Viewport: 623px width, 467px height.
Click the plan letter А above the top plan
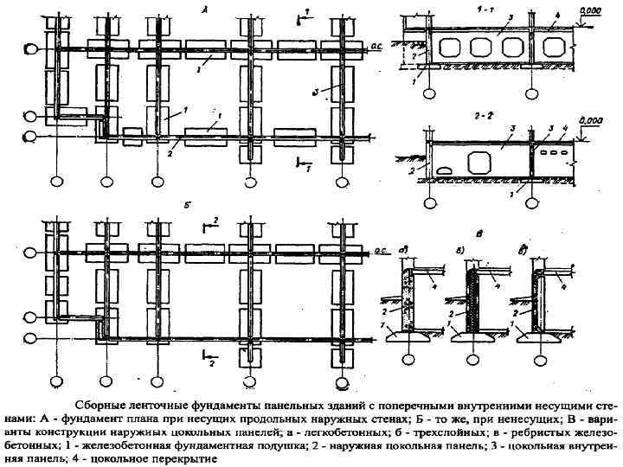point(203,10)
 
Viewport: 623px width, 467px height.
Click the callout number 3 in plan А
point(317,90)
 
